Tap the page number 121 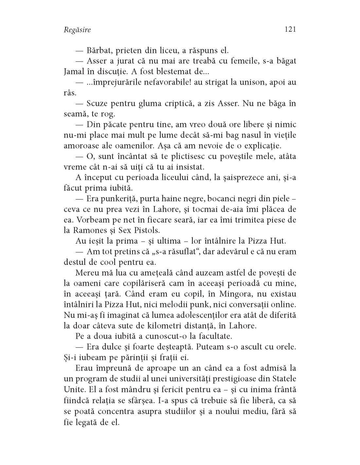click(x=290, y=29)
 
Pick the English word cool click(x=117, y=262)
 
